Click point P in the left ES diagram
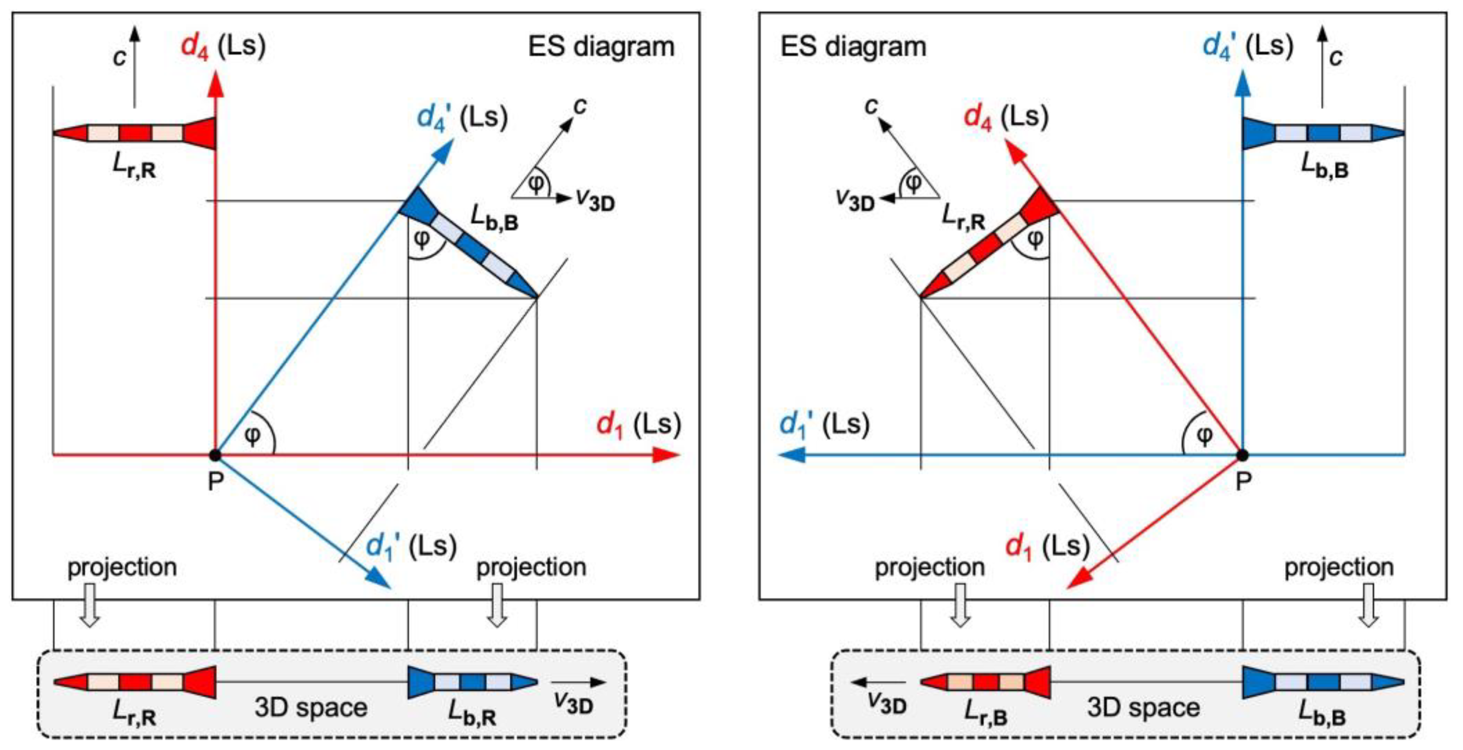coord(214,455)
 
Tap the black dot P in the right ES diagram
coord(1243,455)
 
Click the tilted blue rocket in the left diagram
coord(468,243)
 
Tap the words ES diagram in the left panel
coord(601,47)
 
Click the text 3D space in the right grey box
coord(1143,708)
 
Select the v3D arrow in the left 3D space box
coord(578,682)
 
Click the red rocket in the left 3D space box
coord(135,682)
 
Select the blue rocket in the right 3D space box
coord(1323,682)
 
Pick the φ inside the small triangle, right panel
coord(913,183)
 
